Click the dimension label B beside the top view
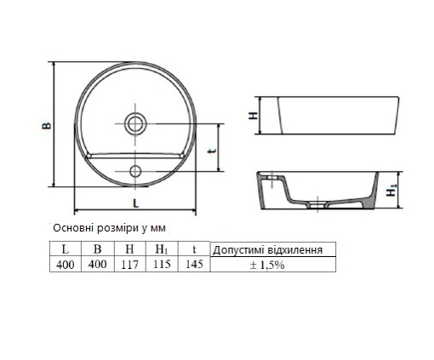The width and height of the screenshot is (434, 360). click(x=48, y=125)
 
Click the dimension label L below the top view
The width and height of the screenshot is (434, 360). click(x=136, y=202)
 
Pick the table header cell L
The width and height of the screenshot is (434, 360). click(x=65, y=249)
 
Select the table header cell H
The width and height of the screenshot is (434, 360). click(x=129, y=249)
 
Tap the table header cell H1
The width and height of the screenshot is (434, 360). click(x=162, y=249)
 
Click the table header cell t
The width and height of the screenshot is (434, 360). click(x=194, y=249)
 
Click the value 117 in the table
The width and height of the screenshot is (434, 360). click(x=129, y=264)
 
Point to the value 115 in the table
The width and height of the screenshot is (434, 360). click(x=162, y=264)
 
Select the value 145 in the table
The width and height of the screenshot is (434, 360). click(x=194, y=264)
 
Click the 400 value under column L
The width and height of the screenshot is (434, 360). click(x=65, y=264)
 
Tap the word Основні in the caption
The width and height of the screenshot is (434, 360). click(x=73, y=229)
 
